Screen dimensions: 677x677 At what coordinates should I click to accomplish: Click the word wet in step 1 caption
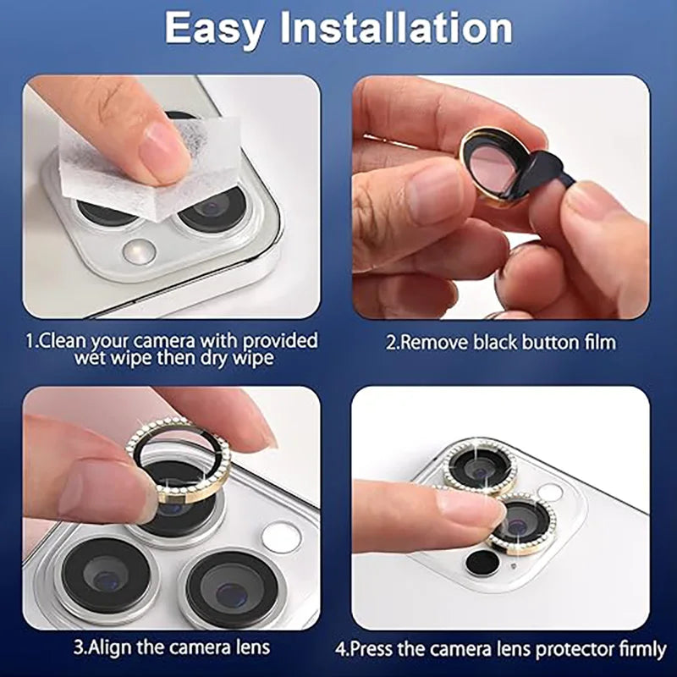click(x=91, y=360)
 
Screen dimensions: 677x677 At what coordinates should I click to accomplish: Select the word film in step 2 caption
click(x=597, y=343)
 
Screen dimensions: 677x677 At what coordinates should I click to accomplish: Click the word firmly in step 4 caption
click(x=638, y=650)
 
